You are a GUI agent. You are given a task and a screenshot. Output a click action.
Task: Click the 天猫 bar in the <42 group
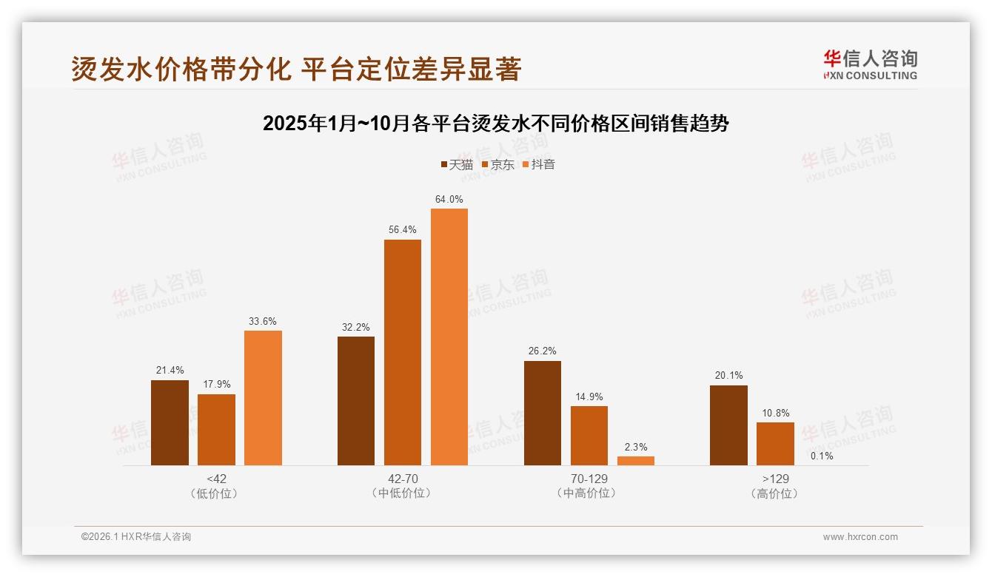170,422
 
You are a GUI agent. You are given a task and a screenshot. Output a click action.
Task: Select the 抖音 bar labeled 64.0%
449,337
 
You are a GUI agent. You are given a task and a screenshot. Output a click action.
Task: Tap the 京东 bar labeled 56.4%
402,352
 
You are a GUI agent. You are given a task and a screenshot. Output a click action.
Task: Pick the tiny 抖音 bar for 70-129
636,461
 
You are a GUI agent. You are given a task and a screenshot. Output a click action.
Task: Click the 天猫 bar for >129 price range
728,425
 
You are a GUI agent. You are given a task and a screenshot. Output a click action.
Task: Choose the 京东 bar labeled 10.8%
775,444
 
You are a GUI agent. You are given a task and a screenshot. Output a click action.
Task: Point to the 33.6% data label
263,321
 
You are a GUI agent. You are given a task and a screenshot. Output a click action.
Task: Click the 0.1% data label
822,456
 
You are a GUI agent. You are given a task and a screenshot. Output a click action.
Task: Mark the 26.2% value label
543,351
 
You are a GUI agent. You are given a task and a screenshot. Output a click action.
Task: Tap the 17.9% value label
216,385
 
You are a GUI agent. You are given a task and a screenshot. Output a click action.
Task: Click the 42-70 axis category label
402,479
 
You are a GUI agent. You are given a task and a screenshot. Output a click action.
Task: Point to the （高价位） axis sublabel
775,493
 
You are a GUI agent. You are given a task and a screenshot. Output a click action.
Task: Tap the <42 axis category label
216,479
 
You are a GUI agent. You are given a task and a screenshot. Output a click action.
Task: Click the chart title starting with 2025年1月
495,124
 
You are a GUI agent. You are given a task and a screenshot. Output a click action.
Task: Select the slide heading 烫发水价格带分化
296,69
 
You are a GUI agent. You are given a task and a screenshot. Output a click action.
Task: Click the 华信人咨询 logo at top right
870,64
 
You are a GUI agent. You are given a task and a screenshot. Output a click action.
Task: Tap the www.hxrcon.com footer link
860,537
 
